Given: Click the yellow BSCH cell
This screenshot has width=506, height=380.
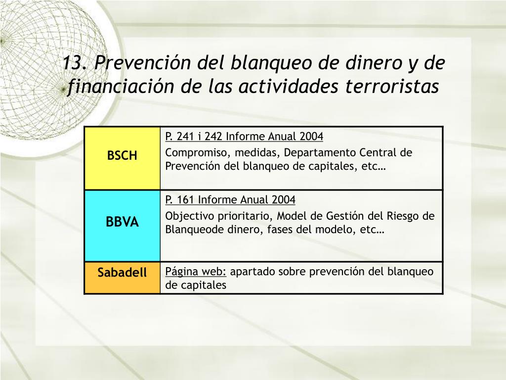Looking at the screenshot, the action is [x=123, y=158].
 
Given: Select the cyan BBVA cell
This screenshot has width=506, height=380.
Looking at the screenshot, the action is [x=123, y=226].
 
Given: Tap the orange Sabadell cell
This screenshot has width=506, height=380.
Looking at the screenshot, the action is [x=123, y=278].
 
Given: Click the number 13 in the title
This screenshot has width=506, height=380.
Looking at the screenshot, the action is [x=74, y=62].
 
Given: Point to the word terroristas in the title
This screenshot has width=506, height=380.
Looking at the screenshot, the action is [x=392, y=86].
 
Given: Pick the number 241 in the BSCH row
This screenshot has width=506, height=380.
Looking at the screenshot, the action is [x=186, y=137].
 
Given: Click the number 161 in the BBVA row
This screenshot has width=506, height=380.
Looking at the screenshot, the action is [x=185, y=200].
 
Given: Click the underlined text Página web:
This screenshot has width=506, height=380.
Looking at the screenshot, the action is [x=196, y=272].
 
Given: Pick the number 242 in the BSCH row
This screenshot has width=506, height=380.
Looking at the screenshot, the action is [x=213, y=137].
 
